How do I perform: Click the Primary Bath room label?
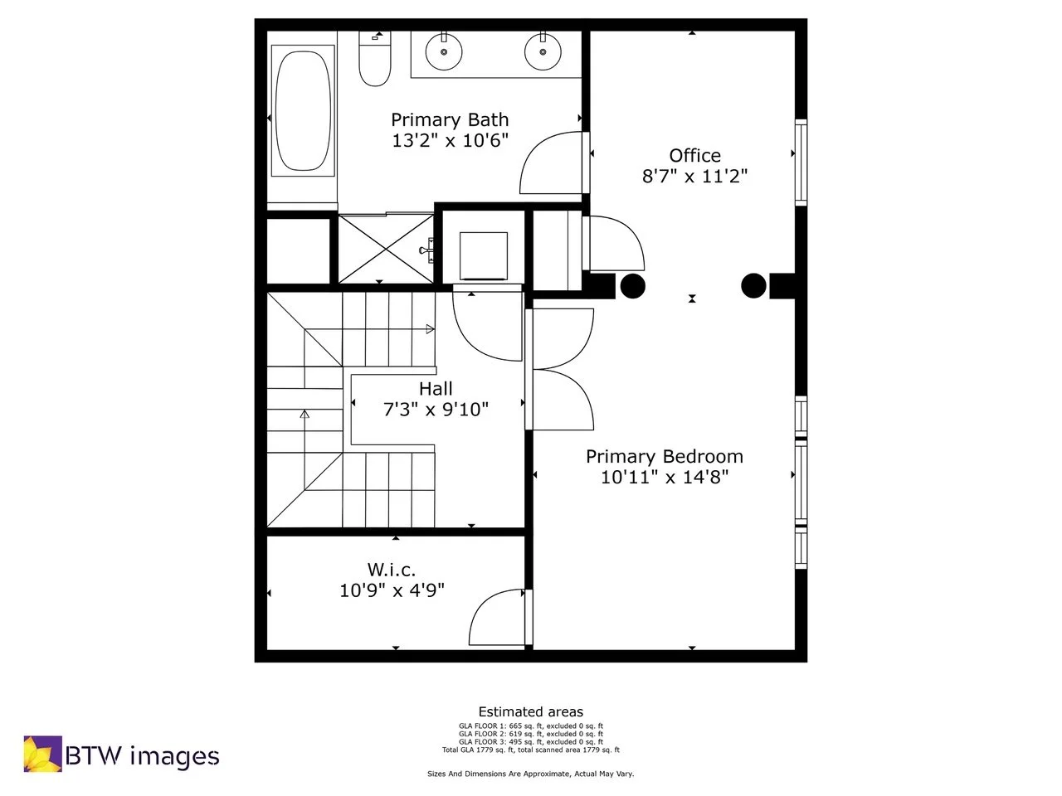click(450, 120)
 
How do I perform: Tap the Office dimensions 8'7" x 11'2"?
click(695, 176)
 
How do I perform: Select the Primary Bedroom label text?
click(665, 456)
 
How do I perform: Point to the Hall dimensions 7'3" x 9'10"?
click(436, 409)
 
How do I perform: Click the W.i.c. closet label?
click(392, 570)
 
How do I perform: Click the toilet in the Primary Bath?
click(375, 60)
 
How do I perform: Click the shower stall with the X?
click(386, 248)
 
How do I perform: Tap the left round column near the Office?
click(633, 286)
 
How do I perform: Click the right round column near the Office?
click(753, 286)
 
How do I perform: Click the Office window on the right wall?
click(801, 162)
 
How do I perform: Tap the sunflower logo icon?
click(41, 754)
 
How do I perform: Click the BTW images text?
click(142, 756)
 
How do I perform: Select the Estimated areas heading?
click(531, 711)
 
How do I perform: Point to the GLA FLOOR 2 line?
click(531, 734)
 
